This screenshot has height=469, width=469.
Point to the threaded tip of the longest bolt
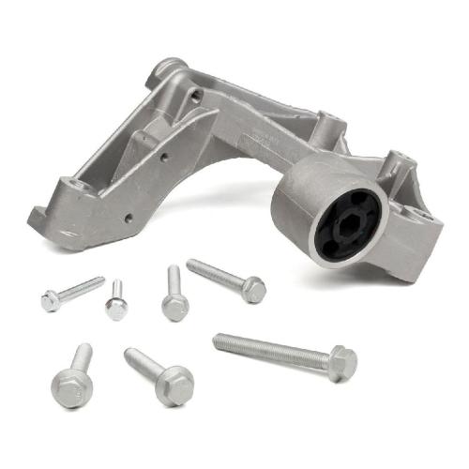(x=221, y=340)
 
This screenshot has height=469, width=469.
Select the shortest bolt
(x=115, y=300)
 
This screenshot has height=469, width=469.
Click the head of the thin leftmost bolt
(x=50, y=300)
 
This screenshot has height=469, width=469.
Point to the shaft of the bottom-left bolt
(x=82, y=356)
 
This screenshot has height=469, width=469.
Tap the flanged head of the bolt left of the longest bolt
(x=174, y=385)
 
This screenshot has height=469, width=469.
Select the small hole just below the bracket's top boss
(x=195, y=95)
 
